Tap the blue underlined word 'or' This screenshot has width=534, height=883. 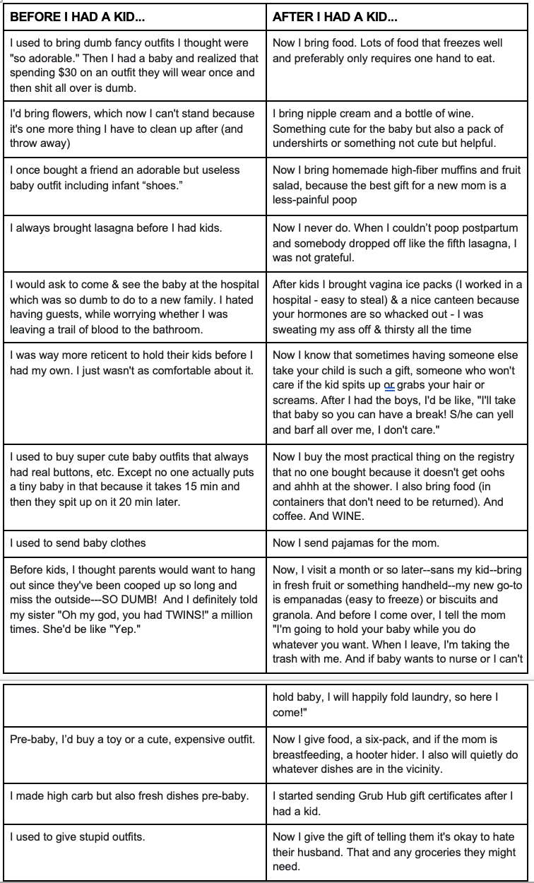[x=388, y=385]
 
